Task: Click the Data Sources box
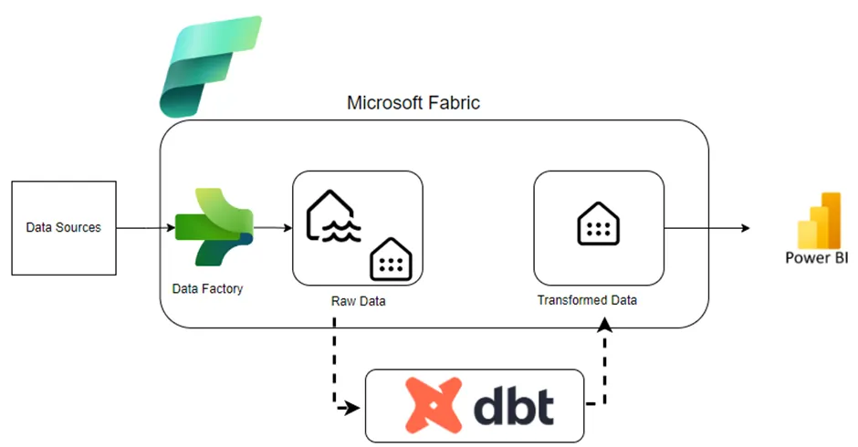(63, 228)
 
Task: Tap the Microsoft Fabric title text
(413, 103)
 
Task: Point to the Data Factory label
(207, 288)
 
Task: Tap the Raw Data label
(358, 301)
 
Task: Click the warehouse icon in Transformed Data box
(598, 223)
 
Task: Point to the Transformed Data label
(587, 300)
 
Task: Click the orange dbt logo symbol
(434, 406)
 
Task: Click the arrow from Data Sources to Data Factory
(146, 228)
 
